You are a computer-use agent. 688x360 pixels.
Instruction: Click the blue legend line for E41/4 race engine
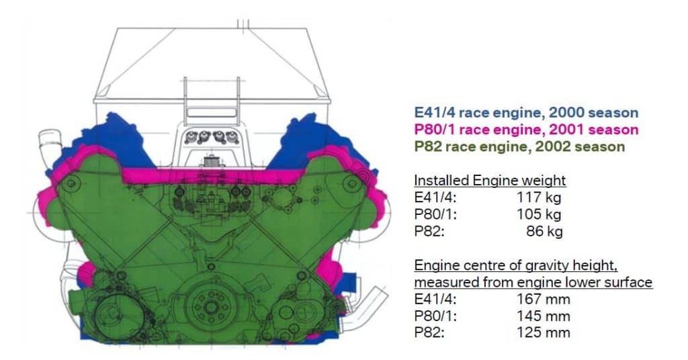click(524, 114)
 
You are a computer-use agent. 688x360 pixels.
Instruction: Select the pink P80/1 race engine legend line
click(525, 130)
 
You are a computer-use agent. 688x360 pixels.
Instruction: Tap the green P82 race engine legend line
click(519, 146)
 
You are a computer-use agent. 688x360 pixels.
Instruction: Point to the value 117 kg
click(539, 197)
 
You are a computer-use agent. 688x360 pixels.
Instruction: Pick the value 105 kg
click(539, 214)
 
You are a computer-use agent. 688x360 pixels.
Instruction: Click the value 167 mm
click(543, 299)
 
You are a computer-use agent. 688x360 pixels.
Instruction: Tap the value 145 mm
click(543, 316)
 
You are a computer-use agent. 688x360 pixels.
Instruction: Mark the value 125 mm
click(543, 332)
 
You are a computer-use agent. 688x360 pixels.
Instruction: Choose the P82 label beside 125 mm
click(427, 332)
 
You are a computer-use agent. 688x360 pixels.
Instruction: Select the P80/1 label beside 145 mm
click(432, 316)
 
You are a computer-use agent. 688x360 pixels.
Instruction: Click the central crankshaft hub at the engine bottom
click(210, 307)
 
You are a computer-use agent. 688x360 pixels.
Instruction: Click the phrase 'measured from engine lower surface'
click(533, 282)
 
